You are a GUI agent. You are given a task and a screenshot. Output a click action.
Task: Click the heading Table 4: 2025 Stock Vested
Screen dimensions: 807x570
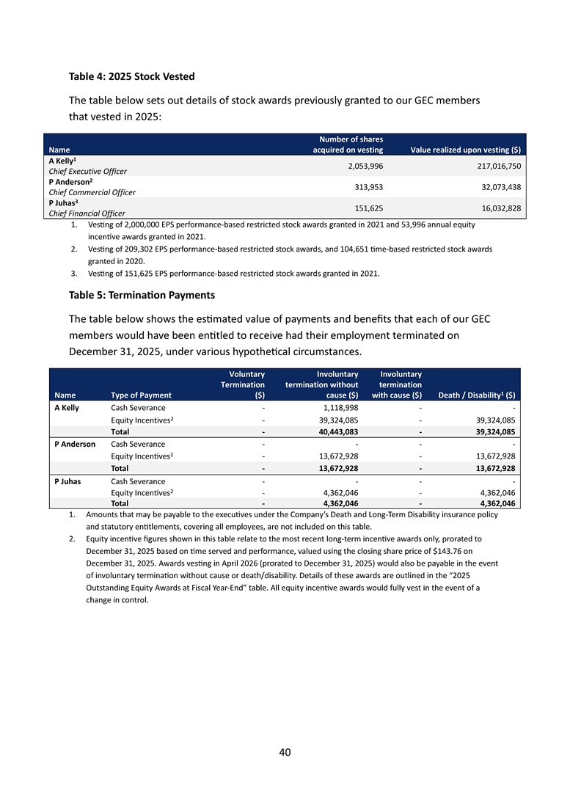(131, 76)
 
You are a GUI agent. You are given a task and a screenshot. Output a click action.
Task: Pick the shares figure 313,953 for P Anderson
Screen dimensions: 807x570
(365, 186)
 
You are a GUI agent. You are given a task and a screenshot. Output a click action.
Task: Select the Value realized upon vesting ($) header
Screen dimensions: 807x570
(466, 150)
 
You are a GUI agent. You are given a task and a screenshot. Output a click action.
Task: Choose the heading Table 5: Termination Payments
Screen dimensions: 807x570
(142, 296)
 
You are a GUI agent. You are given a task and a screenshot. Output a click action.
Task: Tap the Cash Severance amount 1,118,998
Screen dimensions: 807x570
(340, 408)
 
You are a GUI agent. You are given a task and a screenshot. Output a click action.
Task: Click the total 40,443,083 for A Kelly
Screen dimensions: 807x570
(336, 431)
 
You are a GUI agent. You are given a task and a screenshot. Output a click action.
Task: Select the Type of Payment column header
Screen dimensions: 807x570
(141, 395)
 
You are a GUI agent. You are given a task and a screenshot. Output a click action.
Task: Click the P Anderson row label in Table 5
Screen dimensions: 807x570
(74, 444)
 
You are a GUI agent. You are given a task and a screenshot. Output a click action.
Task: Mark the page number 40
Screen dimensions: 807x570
(285, 752)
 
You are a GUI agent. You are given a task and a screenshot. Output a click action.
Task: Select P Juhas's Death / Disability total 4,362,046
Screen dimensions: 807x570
(494, 503)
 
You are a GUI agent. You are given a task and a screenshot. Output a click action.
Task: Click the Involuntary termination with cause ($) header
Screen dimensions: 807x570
(396, 384)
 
